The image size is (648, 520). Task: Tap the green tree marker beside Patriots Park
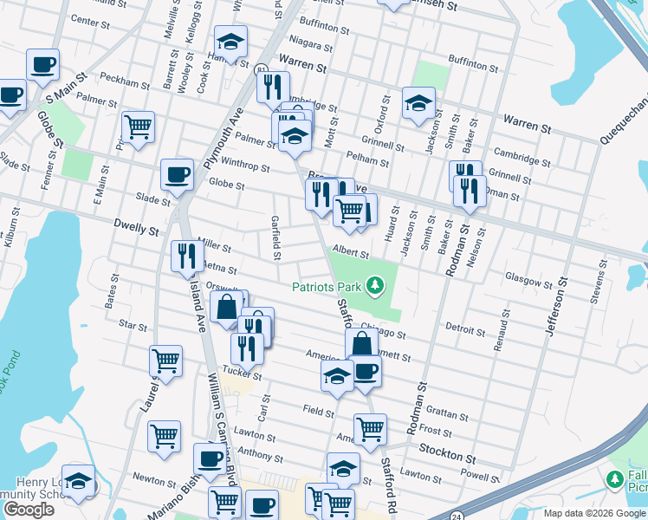click(x=374, y=284)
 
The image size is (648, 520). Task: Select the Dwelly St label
click(x=136, y=231)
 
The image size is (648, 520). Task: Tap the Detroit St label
click(x=464, y=330)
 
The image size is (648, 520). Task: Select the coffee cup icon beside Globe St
click(x=177, y=174)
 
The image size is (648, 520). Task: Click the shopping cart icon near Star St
click(x=165, y=360)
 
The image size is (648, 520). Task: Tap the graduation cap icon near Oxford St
click(x=418, y=102)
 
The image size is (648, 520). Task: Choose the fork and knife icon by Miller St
click(x=187, y=255)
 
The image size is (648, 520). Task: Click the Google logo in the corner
click(x=29, y=510)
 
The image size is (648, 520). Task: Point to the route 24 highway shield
click(x=457, y=517)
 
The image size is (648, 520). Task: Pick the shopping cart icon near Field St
click(x=370, y=428)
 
